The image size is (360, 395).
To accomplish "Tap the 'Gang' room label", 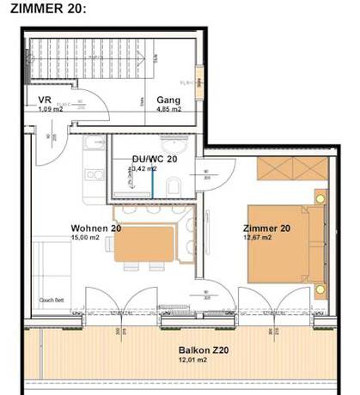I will point(168,100).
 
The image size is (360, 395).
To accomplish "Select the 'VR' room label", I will point(46,100).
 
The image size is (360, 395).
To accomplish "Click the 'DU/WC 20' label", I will point(155,160).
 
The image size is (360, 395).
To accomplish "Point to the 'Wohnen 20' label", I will point(95,228).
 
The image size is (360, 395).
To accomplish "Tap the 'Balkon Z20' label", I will point(203,350).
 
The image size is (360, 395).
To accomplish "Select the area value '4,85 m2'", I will point(168,110).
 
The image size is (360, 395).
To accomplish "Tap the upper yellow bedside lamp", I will point(320,198).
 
